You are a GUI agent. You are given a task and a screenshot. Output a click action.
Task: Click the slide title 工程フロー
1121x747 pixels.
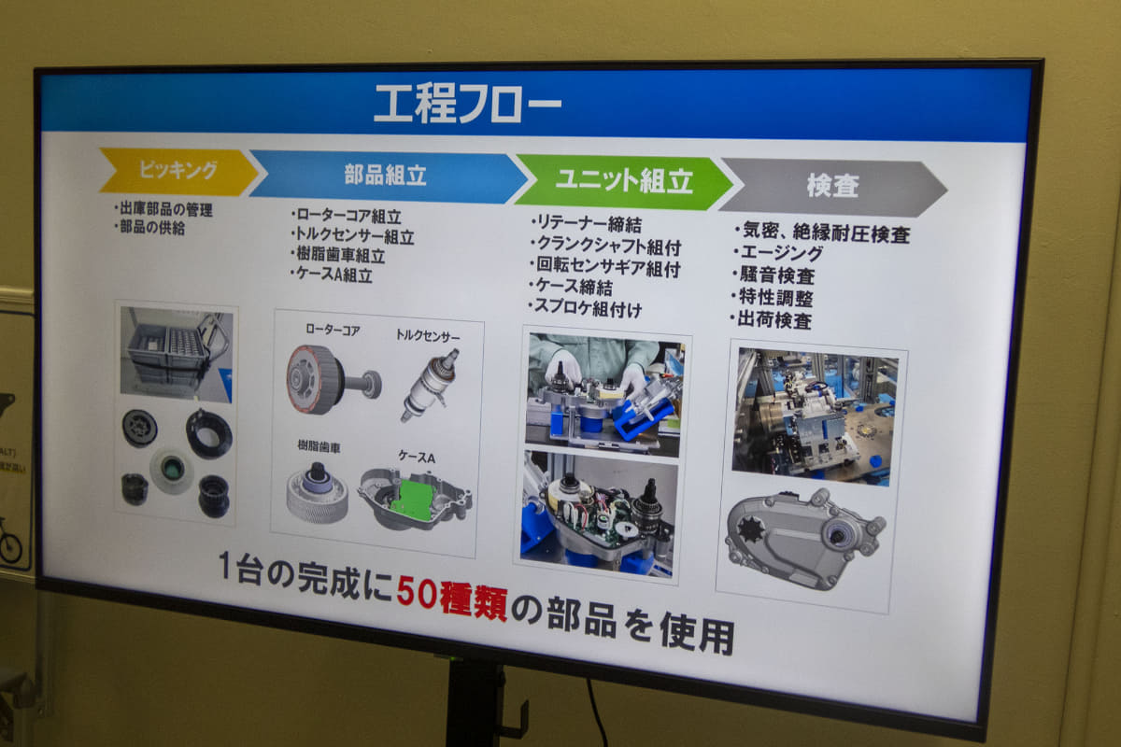pyautogui.click(x=467, y=104)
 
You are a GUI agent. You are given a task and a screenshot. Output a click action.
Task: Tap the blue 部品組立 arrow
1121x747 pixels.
pyautogui.click(x=388, y=176)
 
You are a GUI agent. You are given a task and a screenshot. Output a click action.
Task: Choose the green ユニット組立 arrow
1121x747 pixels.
pyautogui.click(x=624, y=182)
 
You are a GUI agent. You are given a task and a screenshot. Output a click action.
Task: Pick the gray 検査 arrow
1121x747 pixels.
pyautogui.click(x=832, y=187)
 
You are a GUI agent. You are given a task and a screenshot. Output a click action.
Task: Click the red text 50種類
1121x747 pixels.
pyautogui.click(x=452, y=598)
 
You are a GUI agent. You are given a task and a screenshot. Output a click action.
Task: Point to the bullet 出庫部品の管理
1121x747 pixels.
pyautogui.click(x=163, y=209)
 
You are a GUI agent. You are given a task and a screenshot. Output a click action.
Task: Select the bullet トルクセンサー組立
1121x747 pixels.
pyautogui.click(x=352, y=235)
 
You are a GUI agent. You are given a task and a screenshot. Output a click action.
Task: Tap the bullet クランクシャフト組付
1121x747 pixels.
pyautogui.click(x=605, y=246)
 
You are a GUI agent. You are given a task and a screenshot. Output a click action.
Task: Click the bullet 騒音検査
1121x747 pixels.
pyautogui.click(x=773, y=275)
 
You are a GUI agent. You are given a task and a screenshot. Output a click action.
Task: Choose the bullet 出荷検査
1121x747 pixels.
pyautogui.click(x=771, y=319)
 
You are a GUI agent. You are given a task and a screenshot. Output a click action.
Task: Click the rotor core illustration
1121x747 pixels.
pyautogui.click(x=333, y=379)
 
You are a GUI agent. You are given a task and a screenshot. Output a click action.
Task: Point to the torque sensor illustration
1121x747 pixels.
pyautogui.click(x=430, y=385)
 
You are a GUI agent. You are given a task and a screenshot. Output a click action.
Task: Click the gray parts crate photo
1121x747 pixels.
pyautogui.click(x=177, y=354)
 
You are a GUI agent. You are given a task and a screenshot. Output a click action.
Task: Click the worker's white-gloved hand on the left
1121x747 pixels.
pyautogui.click(x=562, y=369)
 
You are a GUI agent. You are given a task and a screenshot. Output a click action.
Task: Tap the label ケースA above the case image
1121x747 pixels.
pyautogui.click(x=417, y=457)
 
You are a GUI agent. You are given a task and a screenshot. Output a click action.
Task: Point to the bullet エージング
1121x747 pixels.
pyautogui.click(x=777, y=253)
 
